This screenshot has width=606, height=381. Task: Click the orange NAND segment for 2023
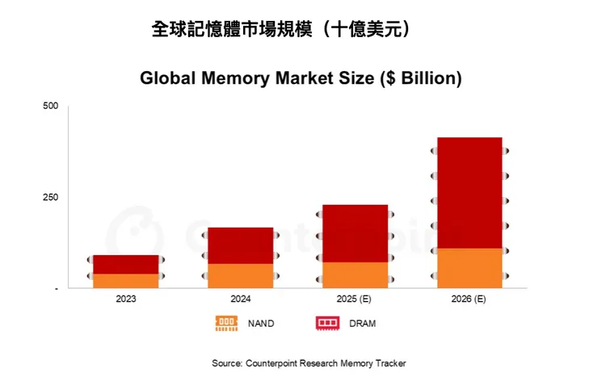[x=126, y=280]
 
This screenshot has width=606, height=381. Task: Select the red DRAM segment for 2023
[x=126, y=264]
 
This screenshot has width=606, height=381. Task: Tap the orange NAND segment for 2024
[x=240, y=275]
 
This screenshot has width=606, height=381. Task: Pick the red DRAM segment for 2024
[x=240, y=245]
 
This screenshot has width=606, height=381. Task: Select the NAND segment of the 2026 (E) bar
[x=469, y=267]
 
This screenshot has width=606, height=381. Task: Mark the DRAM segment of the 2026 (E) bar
[x=469, y=192]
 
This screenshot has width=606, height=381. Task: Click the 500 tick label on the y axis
[x=51, y=106]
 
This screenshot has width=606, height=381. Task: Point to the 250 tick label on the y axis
[x=51, y=197]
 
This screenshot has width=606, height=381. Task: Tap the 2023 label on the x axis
[x=126, y=299]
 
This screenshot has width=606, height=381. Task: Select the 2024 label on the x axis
[x=240, y=299]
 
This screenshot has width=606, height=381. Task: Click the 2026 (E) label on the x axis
[x=469, y=299]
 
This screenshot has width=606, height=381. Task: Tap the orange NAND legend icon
[x=226, y=323]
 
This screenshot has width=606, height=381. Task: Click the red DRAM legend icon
[x=326, y=323]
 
